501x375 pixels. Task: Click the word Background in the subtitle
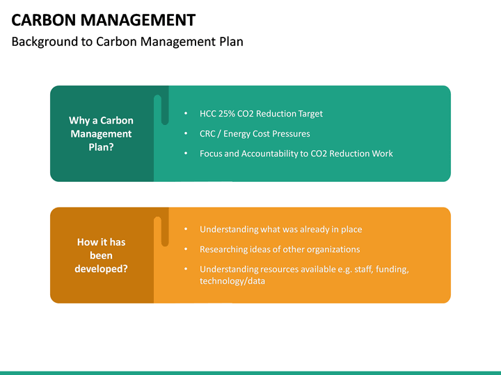(42, 42)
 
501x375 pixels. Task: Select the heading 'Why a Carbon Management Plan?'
(101, 133)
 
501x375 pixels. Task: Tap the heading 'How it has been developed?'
(101, 255)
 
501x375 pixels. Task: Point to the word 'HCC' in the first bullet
(208, 114)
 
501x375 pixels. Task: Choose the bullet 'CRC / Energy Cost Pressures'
(255, 133)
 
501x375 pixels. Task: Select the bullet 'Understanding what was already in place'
(280, 229)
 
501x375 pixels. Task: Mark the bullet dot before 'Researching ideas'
(186, 249)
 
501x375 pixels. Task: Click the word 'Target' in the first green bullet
(310, 114)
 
